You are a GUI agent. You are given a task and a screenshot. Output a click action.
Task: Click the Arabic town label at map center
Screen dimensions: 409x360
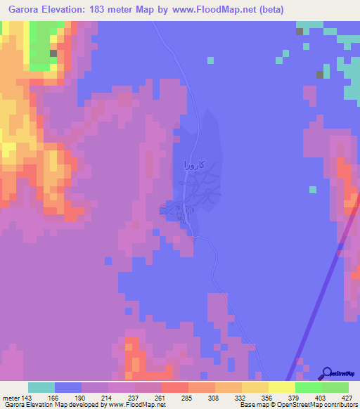193,165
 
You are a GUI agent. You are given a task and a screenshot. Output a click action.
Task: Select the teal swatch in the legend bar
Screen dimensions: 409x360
41,387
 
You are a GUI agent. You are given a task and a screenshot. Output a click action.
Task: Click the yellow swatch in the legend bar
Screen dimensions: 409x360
281,387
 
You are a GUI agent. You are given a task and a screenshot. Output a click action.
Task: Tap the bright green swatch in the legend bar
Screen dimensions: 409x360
308,387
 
